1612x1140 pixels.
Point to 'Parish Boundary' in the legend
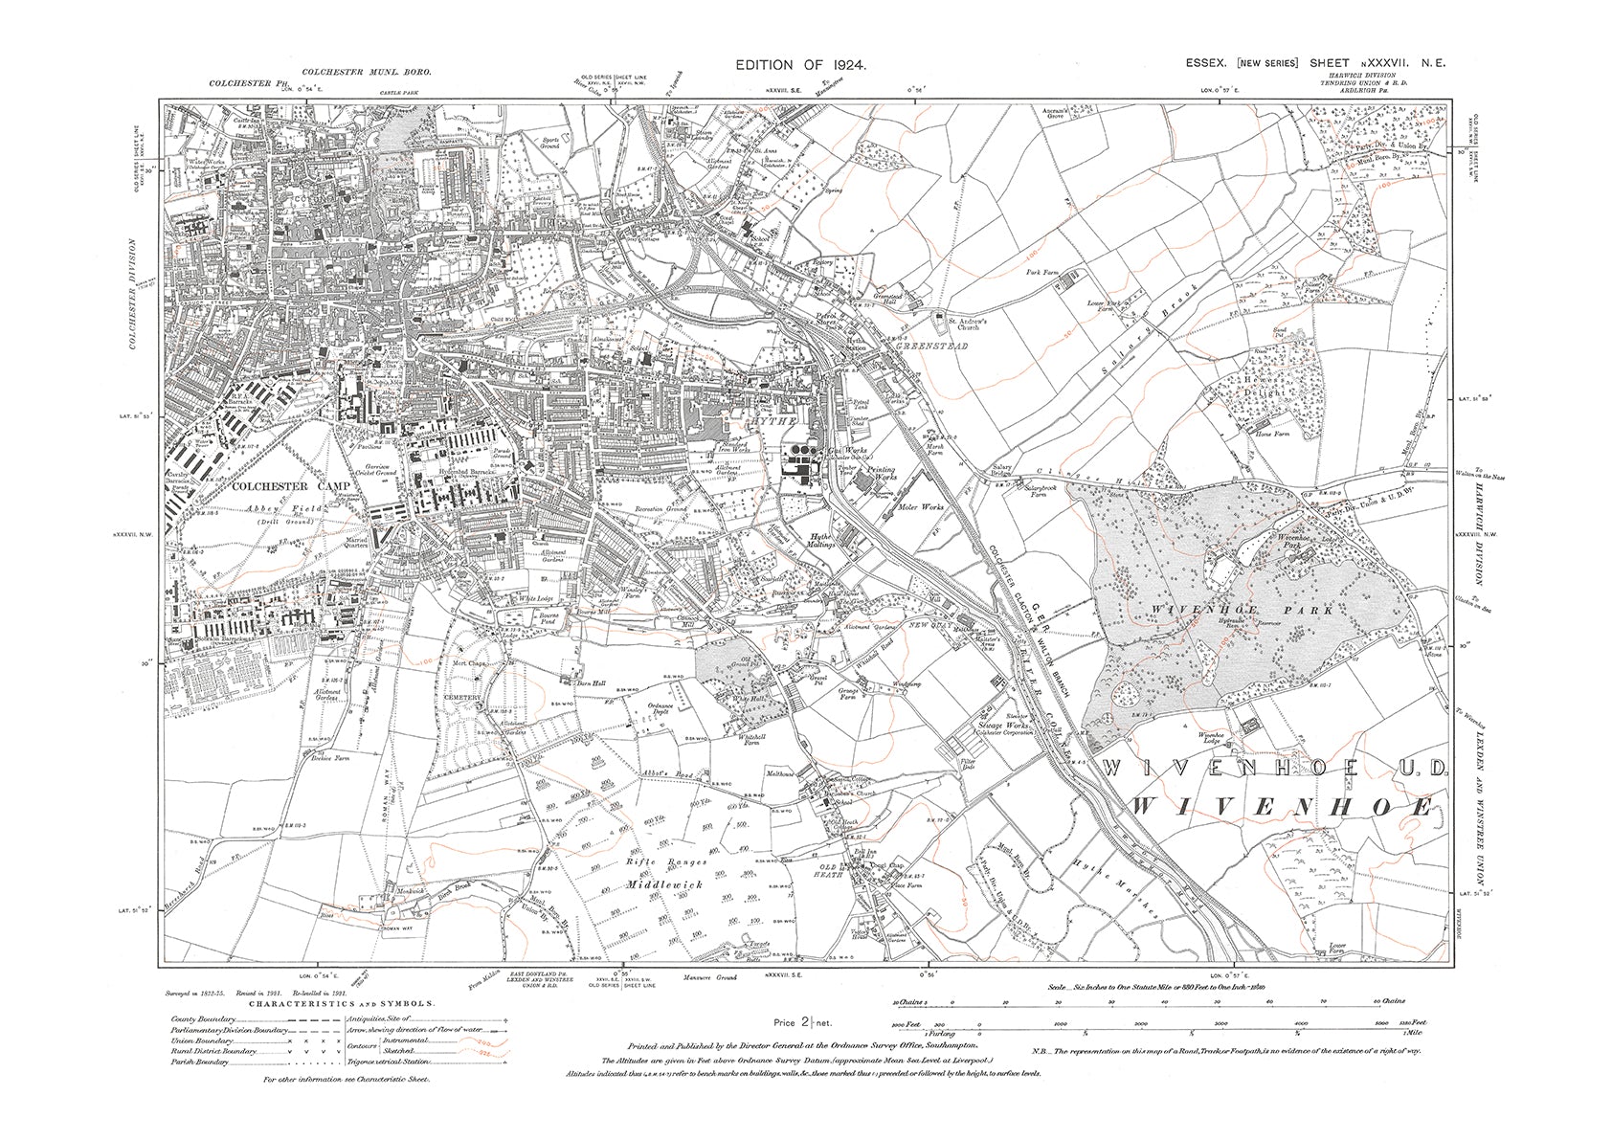point(200,1062)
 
